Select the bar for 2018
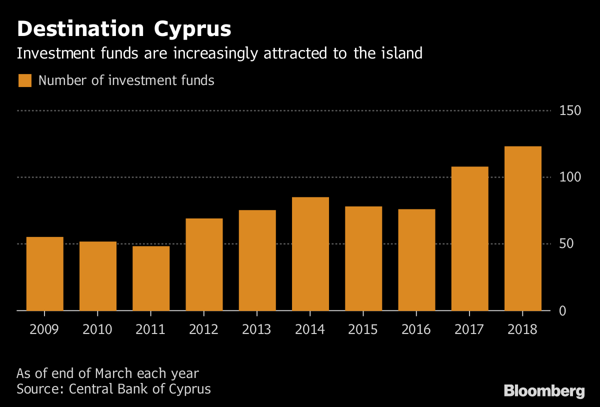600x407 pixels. click(522, 228)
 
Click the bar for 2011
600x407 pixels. click(151, 278)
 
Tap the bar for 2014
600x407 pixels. click(310, 254)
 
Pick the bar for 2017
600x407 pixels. click(469, 238)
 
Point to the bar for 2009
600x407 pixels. click(45, 273)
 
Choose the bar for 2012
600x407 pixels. click(204, 264)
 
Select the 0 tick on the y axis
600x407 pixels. click(562, 311)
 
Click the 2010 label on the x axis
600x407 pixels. click(97, 330)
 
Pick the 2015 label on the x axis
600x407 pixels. click(363, 330)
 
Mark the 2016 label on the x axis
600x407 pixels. click(416, 330)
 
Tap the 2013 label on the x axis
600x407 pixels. click(256, 330)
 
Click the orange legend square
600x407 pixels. click(25, 80)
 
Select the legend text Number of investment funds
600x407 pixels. click(126, 80)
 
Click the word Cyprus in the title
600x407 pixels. click(192, 29)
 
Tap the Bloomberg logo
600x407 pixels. click(544, 391)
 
